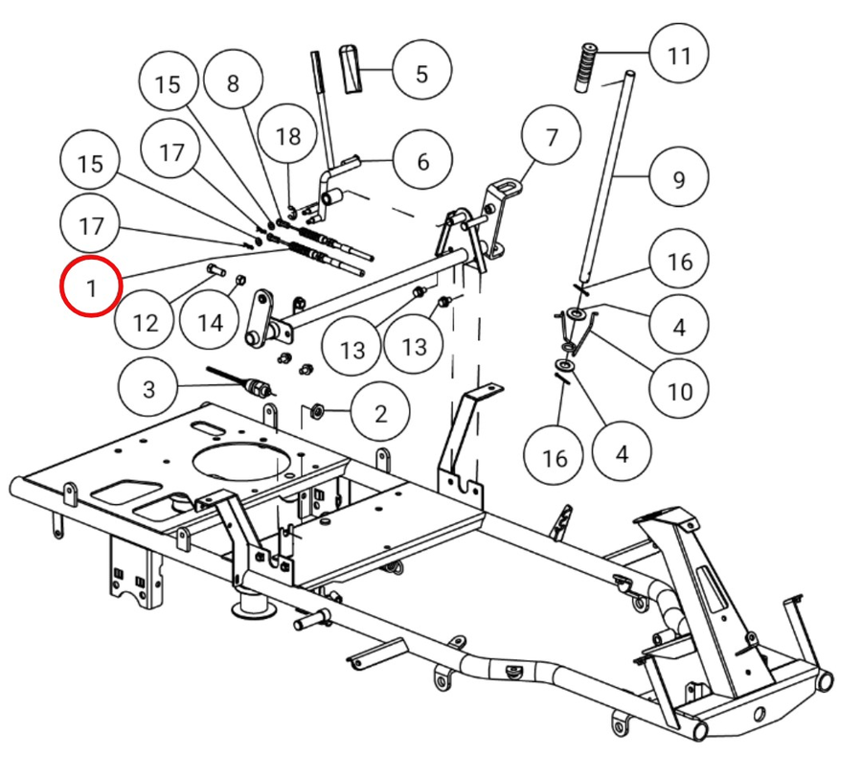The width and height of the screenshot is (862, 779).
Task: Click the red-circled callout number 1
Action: (x=90, y=288)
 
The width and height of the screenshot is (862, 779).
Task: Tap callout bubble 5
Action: (x=421, y=73)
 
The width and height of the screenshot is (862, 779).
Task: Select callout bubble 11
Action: (x=679, y=55)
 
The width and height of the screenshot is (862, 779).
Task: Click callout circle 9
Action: (x=679, y=177)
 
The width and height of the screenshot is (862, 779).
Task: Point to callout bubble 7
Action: (x=551, y=136)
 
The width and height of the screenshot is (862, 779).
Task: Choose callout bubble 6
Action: (x=423, y=161)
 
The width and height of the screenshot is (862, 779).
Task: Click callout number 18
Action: (x=288, y=135)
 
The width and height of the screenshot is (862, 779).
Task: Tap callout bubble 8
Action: (x=233, y=82)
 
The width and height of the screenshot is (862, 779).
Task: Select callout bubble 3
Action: (x=148, y=389)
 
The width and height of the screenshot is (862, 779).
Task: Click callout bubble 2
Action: (x=380, y=413)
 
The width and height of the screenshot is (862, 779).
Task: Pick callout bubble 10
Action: (x=679, y=391)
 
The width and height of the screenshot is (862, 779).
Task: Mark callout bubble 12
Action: (x=145, y=321)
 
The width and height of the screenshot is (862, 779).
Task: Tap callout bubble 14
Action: (x=211, y=321)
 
